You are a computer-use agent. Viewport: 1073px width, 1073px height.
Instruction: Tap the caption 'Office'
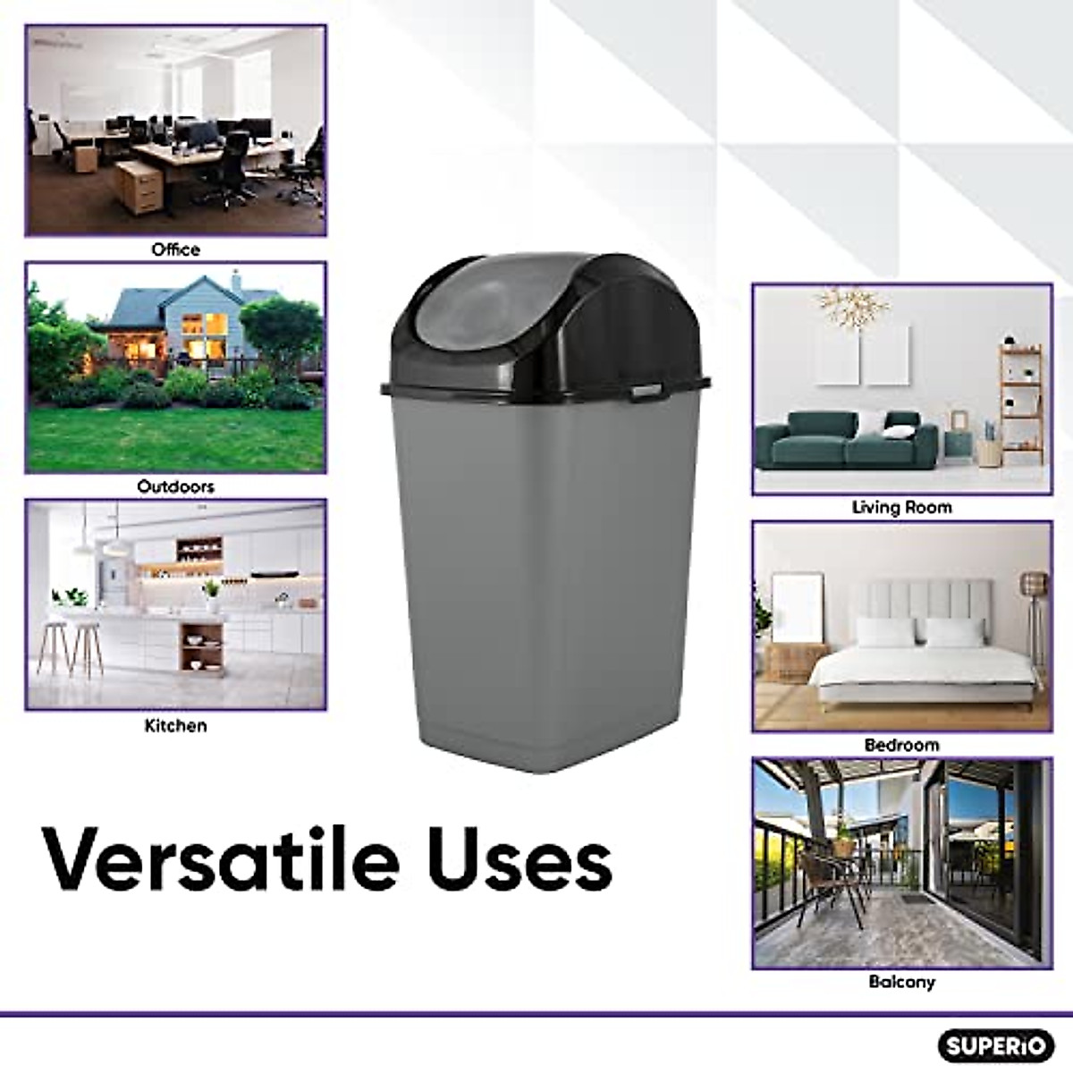tap(175, 249)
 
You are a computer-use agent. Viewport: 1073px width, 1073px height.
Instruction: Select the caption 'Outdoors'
tap(175, 486)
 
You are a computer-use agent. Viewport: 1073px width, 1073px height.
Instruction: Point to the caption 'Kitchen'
tap(175, 725)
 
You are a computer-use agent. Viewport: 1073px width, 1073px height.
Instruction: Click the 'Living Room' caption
tap(902, 507)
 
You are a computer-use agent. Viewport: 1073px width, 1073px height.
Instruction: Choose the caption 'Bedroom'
tap(902, 745)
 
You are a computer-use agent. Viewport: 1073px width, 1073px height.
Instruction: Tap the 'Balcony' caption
tap(902, 982)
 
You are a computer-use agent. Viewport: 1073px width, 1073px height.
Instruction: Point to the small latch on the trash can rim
tap(643, 393)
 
